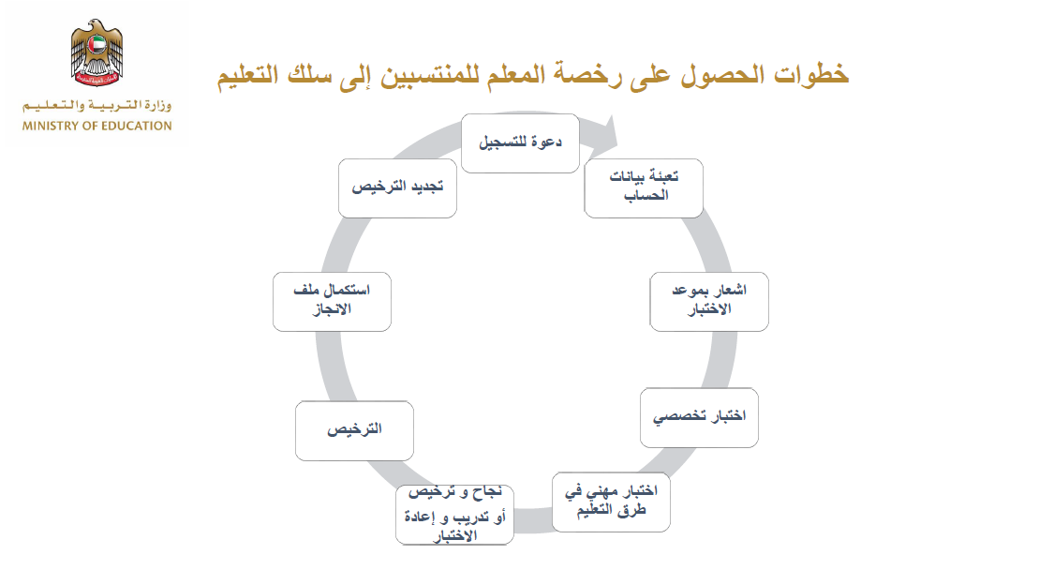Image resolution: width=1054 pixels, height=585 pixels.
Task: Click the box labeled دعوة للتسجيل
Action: (520, 143)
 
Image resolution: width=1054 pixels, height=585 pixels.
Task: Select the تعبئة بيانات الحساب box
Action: (644, 188)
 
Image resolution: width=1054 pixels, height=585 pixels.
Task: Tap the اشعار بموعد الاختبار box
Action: (709, 302)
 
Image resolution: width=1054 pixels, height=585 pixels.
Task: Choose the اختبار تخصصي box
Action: (699, 417)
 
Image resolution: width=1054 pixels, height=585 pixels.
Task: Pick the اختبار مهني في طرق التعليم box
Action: (611, 502)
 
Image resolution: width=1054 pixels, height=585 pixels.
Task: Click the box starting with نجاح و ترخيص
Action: (455, 515)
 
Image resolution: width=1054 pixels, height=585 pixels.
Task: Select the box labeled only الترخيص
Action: (354, 431)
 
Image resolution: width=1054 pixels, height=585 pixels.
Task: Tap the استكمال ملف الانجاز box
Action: (332, 302)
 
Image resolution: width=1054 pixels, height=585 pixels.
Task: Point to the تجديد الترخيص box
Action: (397, 188)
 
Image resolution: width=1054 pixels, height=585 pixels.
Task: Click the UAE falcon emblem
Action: (96, 52)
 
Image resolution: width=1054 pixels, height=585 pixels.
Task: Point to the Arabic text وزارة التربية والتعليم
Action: (96, 105)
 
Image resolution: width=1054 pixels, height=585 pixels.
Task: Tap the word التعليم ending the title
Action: (247, 75)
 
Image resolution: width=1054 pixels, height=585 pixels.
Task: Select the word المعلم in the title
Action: (515, 73)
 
